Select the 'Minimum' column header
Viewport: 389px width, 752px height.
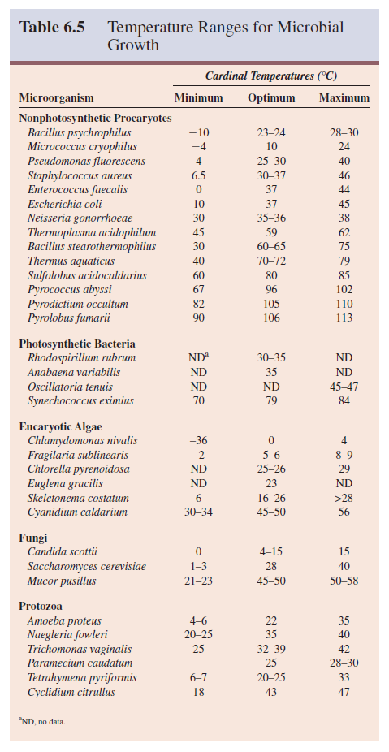(x=199, y=98)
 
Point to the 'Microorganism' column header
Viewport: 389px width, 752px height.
(x=56, y=98)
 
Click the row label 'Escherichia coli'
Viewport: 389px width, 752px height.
(x=65, y=204)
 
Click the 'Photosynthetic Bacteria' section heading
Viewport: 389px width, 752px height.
(x=77, y=344)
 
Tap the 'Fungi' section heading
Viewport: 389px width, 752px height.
(x=32, y=537)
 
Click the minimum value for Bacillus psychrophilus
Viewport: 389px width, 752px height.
(x=198, y=132)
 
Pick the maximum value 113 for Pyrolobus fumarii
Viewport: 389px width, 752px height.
(x=344, y=318)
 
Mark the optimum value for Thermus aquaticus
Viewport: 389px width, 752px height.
(x=271, y=261)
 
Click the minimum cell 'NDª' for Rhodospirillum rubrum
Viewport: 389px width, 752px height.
(x=198, y=358)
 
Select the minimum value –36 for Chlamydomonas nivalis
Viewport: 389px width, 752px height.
(x=198, y=441)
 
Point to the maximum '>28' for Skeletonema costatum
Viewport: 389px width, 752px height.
(x=344, y=498)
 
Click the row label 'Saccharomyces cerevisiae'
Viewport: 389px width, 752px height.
(x=87, y=566)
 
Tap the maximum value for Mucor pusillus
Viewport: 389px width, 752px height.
(x=344, y=581)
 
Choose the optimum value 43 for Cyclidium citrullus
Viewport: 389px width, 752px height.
(x=271, y=693)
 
